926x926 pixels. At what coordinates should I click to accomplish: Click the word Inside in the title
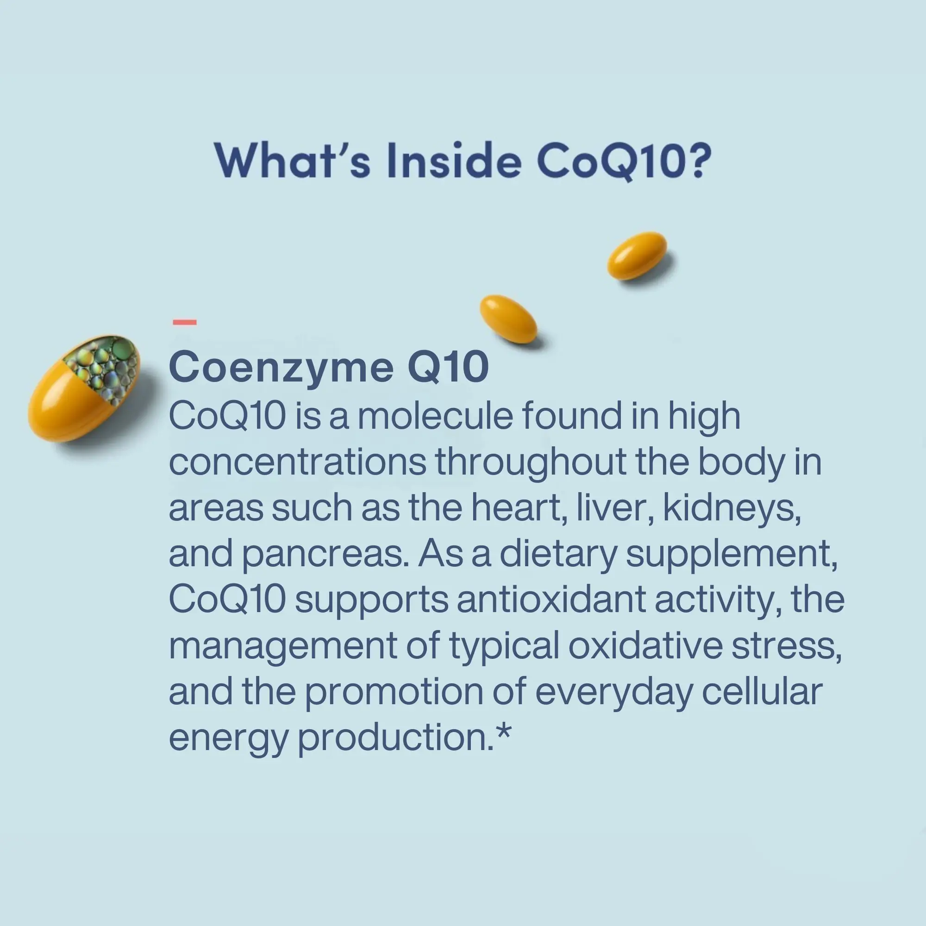tap(454, 160)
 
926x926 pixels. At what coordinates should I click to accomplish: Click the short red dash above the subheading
tap(185, 322)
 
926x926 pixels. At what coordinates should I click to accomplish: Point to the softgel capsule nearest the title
tap(637, 256)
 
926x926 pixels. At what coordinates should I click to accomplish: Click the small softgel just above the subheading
tap(508, 319)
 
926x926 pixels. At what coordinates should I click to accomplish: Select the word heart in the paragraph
tap(516, 508)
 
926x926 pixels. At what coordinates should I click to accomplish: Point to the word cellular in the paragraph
tap(763, 692)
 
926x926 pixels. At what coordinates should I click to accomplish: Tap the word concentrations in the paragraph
tap(298, 462)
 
